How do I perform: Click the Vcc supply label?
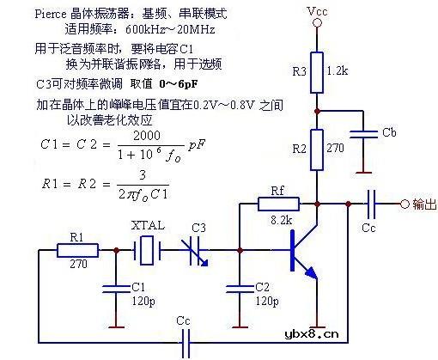pos(318,14)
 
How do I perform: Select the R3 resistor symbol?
pos(317,70)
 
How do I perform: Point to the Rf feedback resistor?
pos(279,204)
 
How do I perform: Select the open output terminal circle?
pos(405,204)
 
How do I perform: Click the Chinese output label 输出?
pos(423,204)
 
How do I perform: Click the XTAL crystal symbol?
pos(148,250)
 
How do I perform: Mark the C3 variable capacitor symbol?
pos(199,250)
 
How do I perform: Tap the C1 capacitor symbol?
pos(111,287)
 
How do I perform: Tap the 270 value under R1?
pos(78,265)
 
